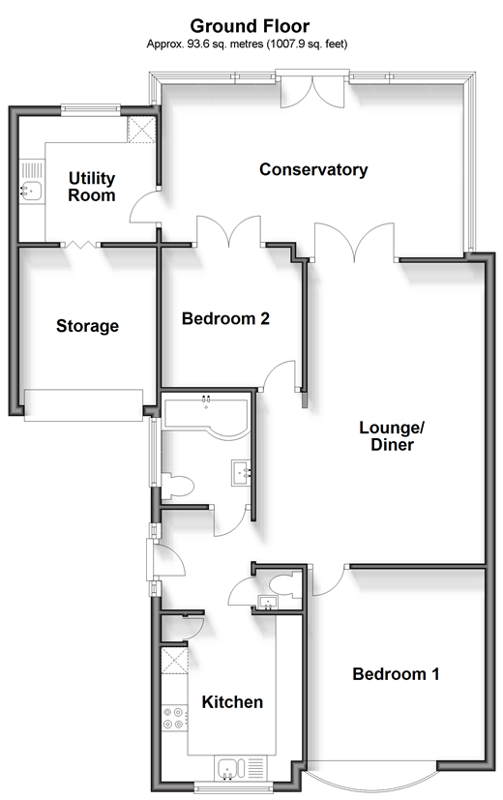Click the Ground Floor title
point(250,25)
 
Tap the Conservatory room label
point(313,169)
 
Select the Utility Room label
point(92,187)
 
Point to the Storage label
point(87,326)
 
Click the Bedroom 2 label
point(225,319)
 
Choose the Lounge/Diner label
point(392,435)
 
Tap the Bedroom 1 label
point(396,674)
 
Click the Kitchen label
point(232,702)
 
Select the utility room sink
point(32,192)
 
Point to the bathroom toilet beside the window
point(178,487)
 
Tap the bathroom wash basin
point(242,473)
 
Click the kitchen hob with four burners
point(173,718)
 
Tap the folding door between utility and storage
point(80,245)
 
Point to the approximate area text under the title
point(247,44)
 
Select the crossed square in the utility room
point(141,130)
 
